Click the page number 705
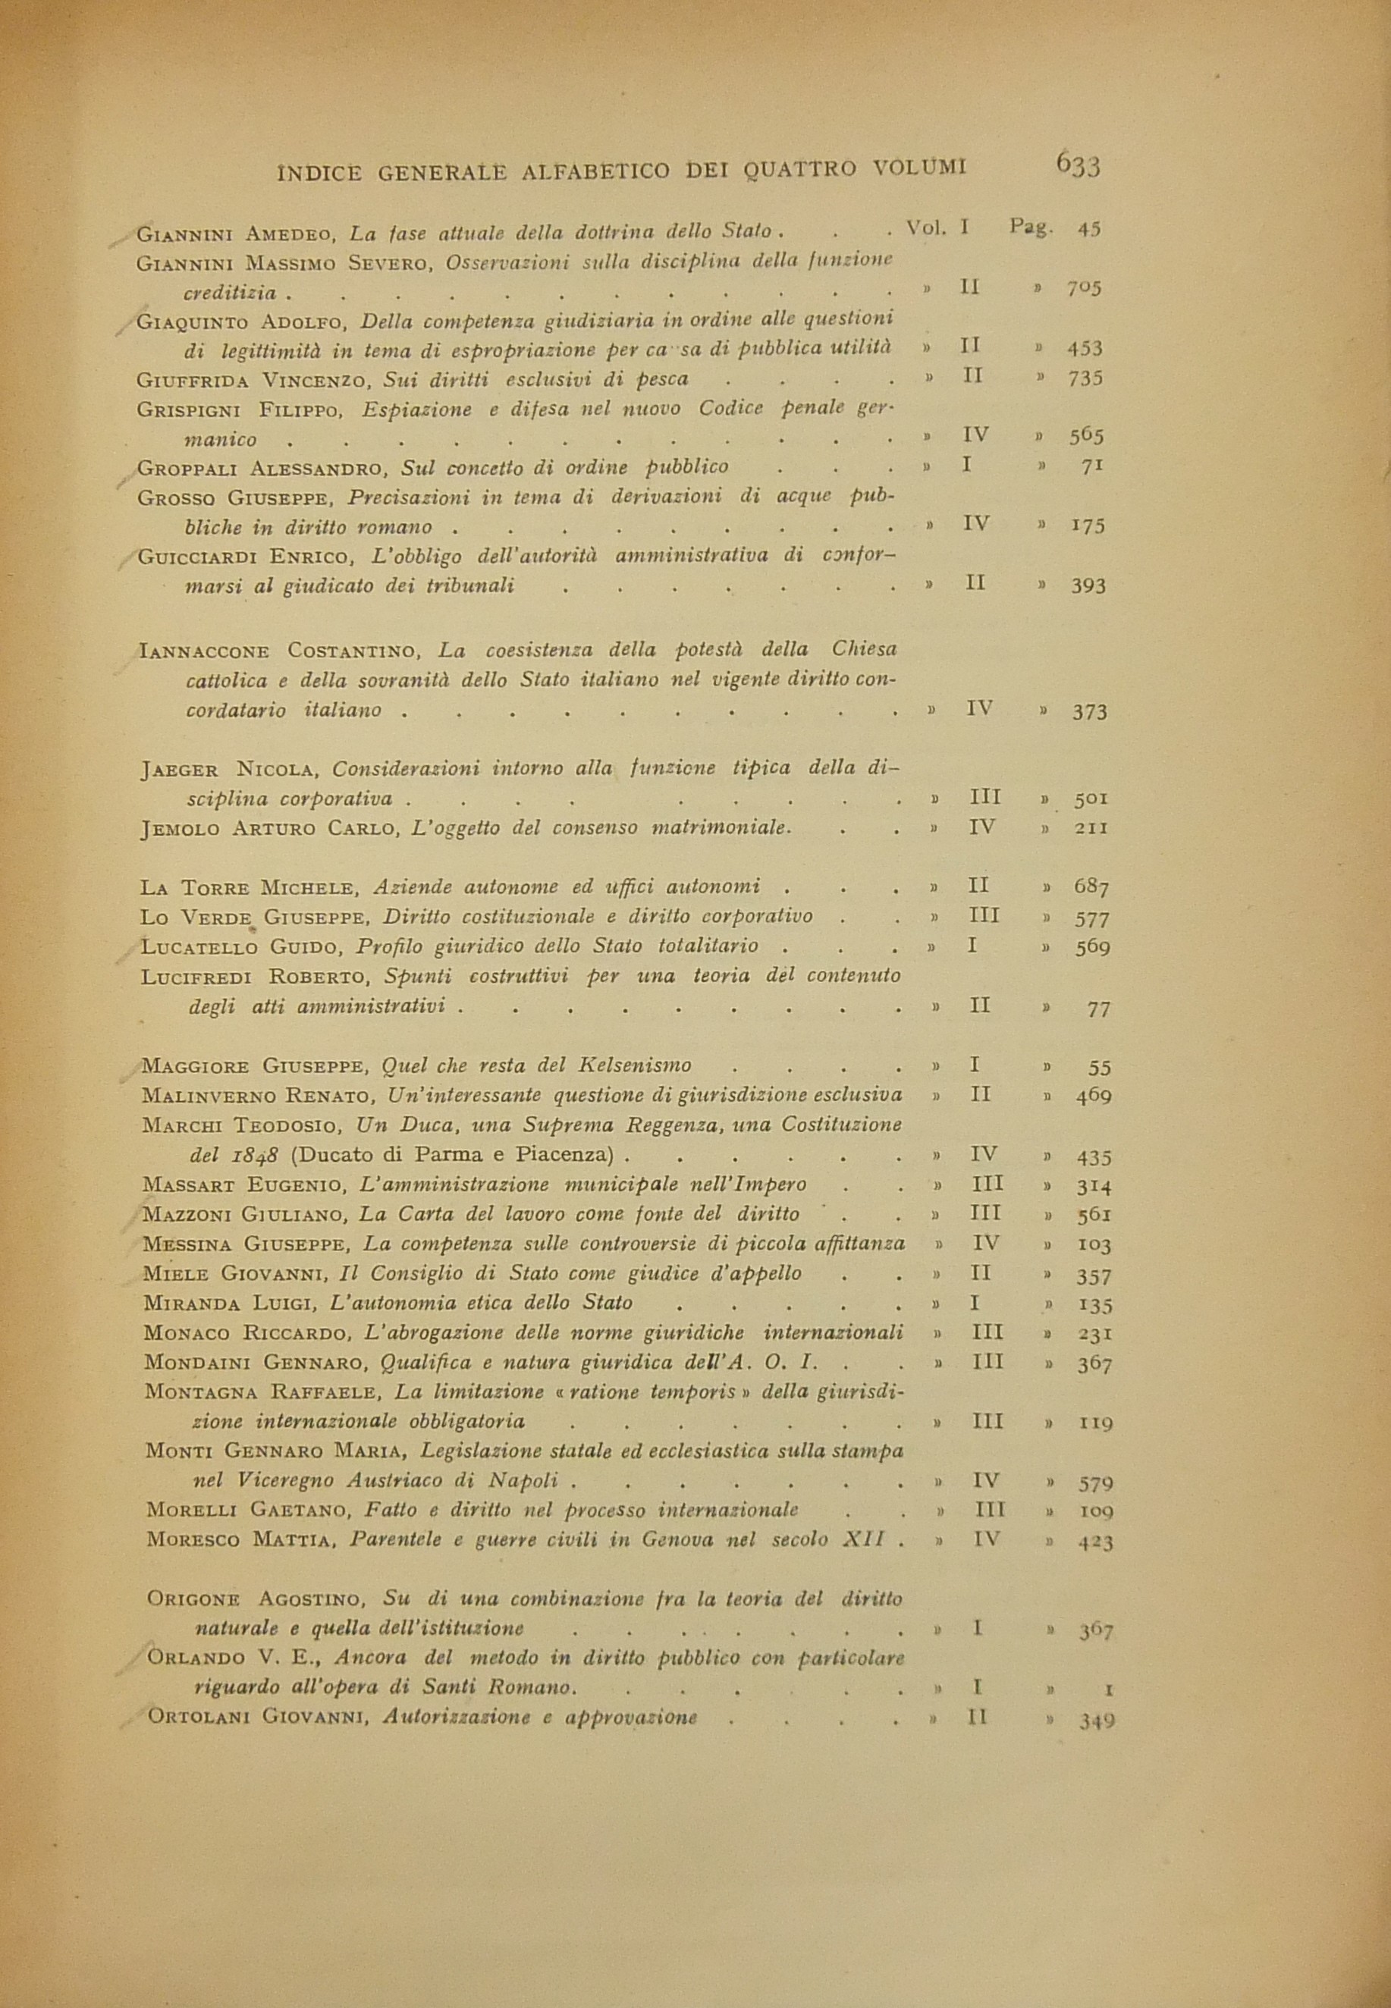click(x=1085, y=288)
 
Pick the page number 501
click(x=1091, y=798)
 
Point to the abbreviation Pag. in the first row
click(x=1030, y=228)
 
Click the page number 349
click(x=1097, y=1721)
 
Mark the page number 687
click(x=1091, y=888)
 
